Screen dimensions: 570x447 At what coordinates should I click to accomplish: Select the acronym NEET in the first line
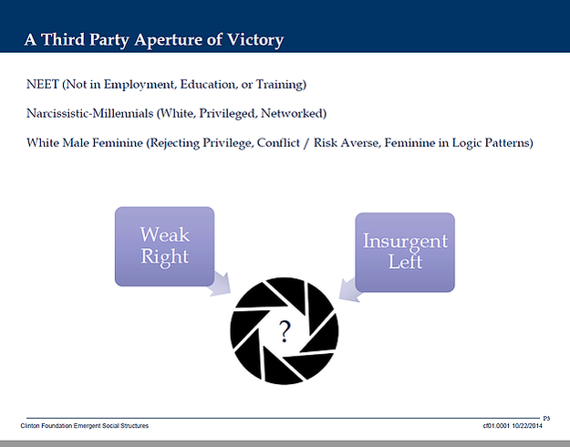point(43,84)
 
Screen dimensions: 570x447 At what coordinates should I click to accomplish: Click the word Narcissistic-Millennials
point(90,113)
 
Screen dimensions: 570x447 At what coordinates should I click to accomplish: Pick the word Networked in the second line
point(294,113)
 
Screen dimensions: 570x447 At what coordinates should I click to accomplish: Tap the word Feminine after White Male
point(118,142)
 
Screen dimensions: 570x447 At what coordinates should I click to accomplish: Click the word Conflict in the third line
point(278,142)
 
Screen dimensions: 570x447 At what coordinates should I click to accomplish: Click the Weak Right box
point(165,246)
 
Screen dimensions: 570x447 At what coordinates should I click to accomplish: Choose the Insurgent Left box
point(405,252)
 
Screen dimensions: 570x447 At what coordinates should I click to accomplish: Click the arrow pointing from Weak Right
point(220,284)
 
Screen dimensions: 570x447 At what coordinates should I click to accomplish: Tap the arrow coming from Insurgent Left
point(349,290)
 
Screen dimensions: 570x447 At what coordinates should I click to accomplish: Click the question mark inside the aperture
point(285,331)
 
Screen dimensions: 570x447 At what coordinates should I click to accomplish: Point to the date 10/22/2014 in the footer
point(527,425)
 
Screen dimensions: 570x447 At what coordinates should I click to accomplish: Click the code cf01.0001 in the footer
point(496,425)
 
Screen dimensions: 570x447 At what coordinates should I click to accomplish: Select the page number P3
point(546,419)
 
